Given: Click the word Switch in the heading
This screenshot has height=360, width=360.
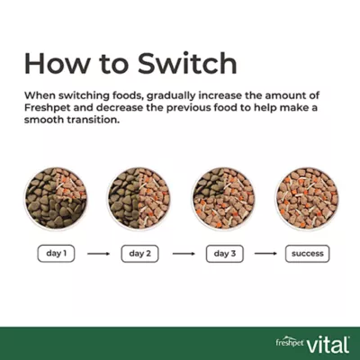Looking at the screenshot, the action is pos(187,63).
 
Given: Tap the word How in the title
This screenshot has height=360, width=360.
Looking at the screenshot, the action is pos(57,63).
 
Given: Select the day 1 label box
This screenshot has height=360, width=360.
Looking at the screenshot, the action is pos(56,254).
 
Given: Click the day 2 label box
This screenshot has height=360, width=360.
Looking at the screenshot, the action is pos(139,254).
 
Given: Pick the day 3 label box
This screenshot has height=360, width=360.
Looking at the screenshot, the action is pos(225,254).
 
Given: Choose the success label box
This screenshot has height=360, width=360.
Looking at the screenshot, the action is pos(307,254).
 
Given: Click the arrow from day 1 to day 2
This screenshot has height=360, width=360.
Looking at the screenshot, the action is pos(98,254).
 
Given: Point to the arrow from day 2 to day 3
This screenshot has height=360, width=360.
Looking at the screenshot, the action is pos(184,254).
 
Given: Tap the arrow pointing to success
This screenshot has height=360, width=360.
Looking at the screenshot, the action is pos(265,254).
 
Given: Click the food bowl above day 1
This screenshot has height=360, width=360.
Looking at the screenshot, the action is pos(56,198).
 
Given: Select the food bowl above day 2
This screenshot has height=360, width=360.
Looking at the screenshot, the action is pos(139,198).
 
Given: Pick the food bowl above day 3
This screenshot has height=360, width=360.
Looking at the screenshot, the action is pos(223,198).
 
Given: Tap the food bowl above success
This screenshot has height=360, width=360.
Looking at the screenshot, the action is pos(307,198).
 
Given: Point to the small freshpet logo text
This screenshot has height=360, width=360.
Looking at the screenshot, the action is pos(290,342).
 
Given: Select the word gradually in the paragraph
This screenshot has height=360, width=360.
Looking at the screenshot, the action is pos(170,96).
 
